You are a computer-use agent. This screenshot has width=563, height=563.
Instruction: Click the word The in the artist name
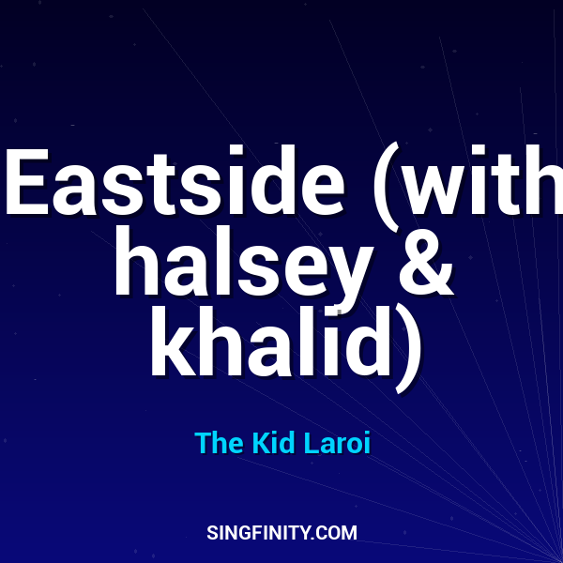click(219, 444)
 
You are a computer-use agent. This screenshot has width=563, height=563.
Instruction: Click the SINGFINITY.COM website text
click(281, 533)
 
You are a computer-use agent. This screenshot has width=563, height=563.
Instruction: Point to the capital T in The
click(203, 444)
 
